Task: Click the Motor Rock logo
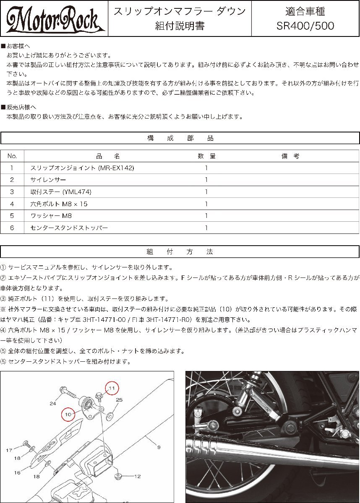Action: click(x=54, y=18)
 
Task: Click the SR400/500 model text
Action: click(x=305, y=26)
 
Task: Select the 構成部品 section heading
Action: click(x=180, y=138)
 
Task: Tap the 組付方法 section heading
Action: click(x=180, y=252)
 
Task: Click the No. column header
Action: click(x=12, y=156)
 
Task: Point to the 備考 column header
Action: click(x=290, y=156)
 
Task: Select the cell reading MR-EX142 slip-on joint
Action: click(x=82, y=168)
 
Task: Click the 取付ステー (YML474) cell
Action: click(x=61, y=192)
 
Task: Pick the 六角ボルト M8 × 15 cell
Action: click(x=59, y=204)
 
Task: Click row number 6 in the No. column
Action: click(x=12, y=228)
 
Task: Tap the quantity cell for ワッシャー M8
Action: click(x=206, y=216)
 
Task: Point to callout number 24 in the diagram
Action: click(x=52, y=404)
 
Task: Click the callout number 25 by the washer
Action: click(x=119, y=400)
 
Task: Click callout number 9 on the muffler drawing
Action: click(x=159, y=448)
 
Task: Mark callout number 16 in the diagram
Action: click(x=17, y=472)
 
